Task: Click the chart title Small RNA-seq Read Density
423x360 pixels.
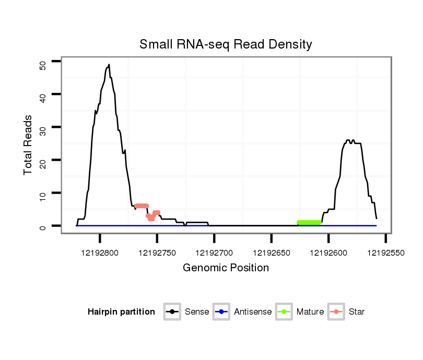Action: [x=226, y=44]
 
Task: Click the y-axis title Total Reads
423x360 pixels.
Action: [x=28, y=145]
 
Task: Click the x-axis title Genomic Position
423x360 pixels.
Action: [x=226, y=268]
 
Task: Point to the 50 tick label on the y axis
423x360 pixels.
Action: [x=43, y=64]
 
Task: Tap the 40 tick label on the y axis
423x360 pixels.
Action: [x=43, y=94]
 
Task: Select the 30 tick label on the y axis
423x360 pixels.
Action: [x=43, y=127]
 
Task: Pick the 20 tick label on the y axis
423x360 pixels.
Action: [x=43, y=160]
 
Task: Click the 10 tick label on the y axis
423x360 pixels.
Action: [x=43, y=193]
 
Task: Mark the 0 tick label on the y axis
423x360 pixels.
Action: [x=43, y=226]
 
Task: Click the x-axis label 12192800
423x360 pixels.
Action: [x=100, y=253]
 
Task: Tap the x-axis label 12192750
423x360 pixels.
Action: [x=157, y=253]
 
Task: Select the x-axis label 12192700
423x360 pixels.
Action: [x=214, y=253]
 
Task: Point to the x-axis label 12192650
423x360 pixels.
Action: [x=271, y=253]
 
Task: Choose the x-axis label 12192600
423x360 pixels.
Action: [x=328, y=253]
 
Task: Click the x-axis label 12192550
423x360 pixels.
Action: [x=385, y=253]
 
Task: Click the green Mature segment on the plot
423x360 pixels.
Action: [x=309, y=223]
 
